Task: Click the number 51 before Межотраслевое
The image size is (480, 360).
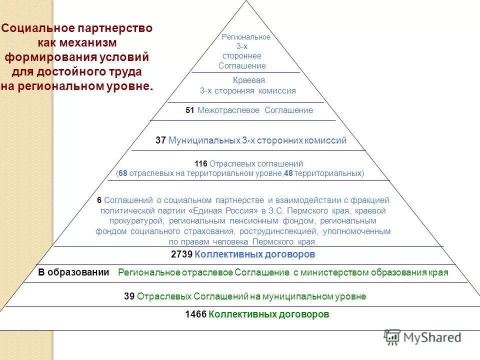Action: [x=189, y=110]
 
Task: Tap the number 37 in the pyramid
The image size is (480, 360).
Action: [x=160, y=140]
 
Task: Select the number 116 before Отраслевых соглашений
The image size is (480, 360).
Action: [x=200, y=164]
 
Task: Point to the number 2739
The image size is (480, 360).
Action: [x=181, y=254]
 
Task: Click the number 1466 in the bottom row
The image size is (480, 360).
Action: [x=195, y=314]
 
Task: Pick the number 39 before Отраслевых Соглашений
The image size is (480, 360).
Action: [x=129, y=296]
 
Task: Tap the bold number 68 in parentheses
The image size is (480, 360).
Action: [x=123, y=173]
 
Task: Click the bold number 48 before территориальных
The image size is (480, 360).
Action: [x=288, y=173]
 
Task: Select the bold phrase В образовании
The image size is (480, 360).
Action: [x=73, y=272]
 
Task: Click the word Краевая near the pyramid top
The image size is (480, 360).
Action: [x=248, y=80]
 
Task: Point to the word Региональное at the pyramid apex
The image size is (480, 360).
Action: [x=246, y=37]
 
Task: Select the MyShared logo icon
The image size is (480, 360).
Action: [x=392, y=337]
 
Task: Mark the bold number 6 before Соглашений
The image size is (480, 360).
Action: [x=99, y=200]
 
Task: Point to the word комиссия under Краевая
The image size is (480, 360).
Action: [x=277, y=91]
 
